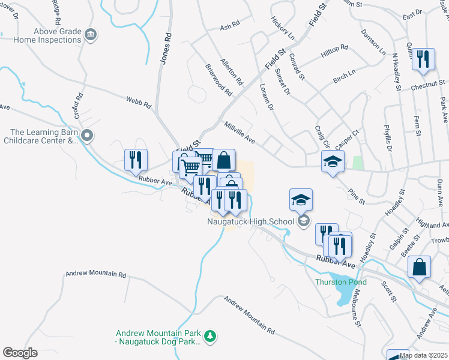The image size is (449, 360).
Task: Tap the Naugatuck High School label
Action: coord(250,221)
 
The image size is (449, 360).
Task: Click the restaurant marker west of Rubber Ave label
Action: coord(136,161)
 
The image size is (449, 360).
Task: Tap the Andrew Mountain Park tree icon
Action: coord(209,335)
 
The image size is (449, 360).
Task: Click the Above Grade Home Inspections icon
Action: coord(91,35)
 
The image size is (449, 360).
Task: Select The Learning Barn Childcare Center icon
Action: coord(88,136)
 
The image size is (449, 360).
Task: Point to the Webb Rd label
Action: coord(138,103)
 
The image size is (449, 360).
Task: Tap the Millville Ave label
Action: coord(240,133)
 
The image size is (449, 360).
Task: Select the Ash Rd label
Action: coord(230,26)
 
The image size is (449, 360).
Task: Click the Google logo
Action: coord(20,353)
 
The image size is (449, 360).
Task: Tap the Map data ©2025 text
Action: coord(424,355)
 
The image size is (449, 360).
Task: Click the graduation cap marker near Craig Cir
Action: coord(333,161)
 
